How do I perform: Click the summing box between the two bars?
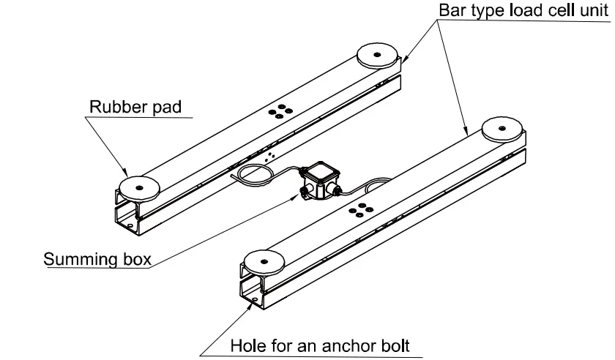(x=319, y=179)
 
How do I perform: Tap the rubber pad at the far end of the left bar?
(x=376, y=54)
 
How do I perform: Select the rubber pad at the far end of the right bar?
(x=502, y=128)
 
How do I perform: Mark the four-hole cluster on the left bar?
(x=278, y=111)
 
